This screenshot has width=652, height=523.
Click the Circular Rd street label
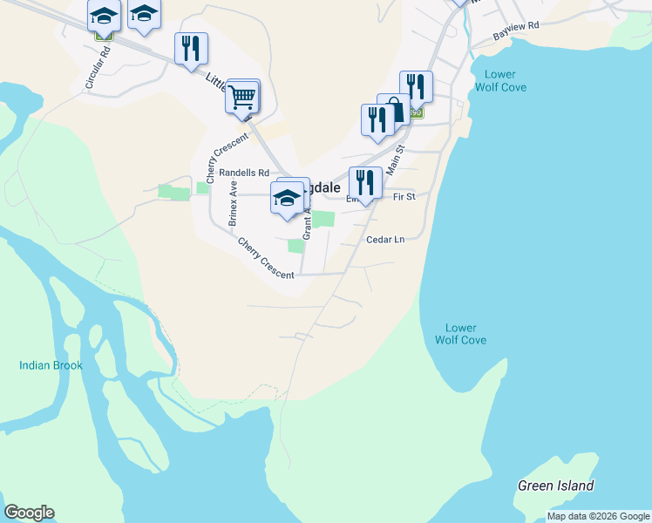(x=98, y=67)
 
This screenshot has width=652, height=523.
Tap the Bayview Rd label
(x=516, y=31)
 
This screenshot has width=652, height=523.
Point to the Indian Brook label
(x=51, y=365)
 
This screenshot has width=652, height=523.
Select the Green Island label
(x=555, y=486)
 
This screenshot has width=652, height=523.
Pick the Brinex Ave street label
(x=233, y=204)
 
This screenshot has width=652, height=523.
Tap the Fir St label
(x=404, y=198)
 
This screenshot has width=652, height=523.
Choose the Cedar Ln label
(x=386, y=240)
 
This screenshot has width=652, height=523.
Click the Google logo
(x=29, y=513)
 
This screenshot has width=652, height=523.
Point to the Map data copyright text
(x=598, y=516)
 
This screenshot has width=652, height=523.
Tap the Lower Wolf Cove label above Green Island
(x=460, y=334)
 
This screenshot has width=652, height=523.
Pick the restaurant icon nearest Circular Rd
(x=191, y=48)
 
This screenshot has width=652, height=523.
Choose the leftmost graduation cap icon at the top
(x=104, y=16)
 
